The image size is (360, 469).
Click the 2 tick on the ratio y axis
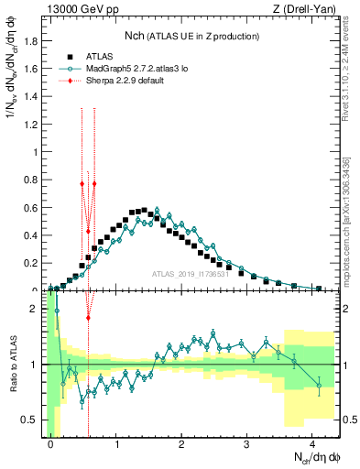[37, 309]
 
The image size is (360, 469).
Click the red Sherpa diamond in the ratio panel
[88, 318]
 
